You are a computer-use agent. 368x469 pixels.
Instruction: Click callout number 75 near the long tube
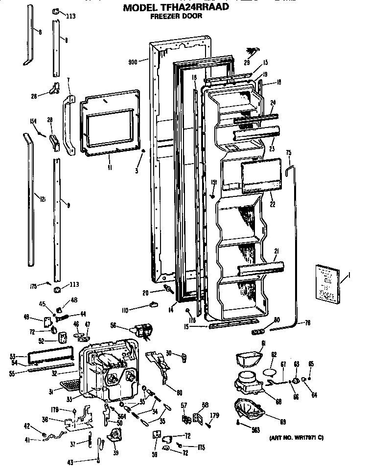(288, 152)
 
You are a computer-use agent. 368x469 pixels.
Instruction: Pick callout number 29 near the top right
(247, 62)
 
